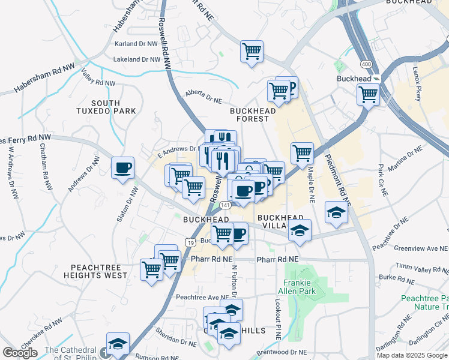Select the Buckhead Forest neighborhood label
pos(253,115)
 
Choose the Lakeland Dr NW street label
pos(137,59)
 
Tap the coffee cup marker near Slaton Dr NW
pos(123,167)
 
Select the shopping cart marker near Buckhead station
pos(368,94)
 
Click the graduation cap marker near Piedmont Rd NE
pos(337,211)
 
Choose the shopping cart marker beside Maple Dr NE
pos(302,153)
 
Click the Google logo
pos(20,353)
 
